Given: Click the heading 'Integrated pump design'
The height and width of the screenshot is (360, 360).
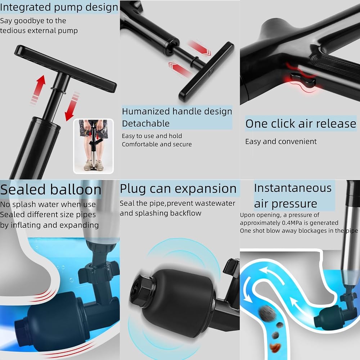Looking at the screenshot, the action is [59, 7].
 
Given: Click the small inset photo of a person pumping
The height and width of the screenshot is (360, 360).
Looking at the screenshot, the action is [93, 146].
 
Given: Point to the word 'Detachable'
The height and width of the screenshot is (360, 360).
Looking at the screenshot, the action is [146, 123].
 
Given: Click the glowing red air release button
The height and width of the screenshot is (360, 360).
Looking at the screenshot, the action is [303, 79].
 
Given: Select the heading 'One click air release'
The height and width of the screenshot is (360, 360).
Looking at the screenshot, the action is [301, 123].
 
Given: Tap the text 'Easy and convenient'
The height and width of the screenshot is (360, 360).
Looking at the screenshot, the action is [281, 141].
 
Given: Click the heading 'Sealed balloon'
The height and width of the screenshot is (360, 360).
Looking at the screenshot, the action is [51, 190].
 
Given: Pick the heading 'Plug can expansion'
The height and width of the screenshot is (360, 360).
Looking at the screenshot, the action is [178, 189].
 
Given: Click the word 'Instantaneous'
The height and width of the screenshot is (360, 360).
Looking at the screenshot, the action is [293, 188].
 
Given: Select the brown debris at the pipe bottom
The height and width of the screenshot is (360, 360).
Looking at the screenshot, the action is [275, 348].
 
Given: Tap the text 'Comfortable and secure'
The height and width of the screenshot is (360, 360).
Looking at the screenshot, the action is [157, 144].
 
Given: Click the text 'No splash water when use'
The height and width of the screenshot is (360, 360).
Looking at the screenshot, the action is [48, 204].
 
